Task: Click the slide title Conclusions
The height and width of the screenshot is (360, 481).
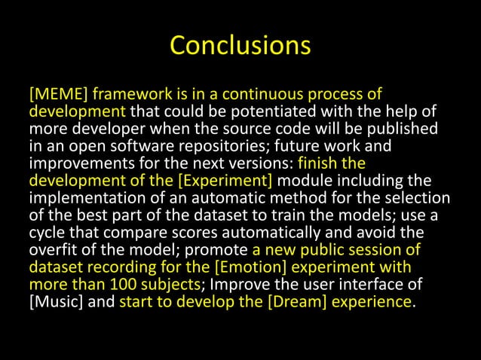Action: pyautogui.click(x=240, y=45)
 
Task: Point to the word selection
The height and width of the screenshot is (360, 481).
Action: pyautogui.click(x=420, y=197)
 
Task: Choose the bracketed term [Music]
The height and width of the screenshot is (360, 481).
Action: pyautogui.click(x=53, y=301)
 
